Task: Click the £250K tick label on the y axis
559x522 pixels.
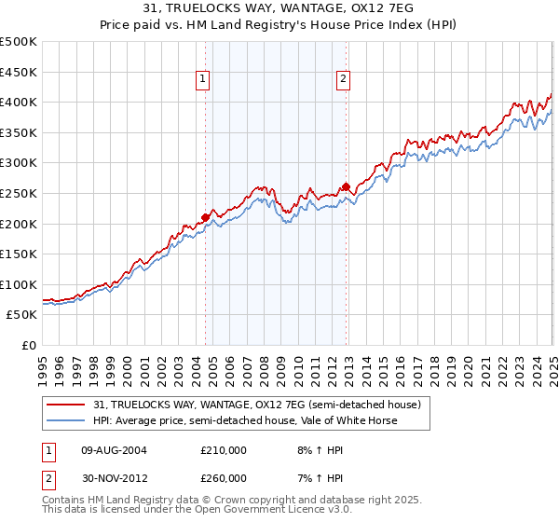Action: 19,193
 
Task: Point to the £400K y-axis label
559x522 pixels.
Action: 19,103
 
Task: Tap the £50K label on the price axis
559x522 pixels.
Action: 22,315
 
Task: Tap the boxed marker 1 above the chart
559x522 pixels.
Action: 203,80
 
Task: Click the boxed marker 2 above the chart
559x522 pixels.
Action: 343,80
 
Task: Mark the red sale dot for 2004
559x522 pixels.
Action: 205,217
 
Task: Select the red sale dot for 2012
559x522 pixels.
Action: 347,187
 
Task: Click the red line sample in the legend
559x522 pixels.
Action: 66,405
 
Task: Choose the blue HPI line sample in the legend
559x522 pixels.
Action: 66,420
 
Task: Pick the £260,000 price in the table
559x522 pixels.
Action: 224,478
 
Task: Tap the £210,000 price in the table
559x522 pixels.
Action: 224,450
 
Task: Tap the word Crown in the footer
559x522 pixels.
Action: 261,501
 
